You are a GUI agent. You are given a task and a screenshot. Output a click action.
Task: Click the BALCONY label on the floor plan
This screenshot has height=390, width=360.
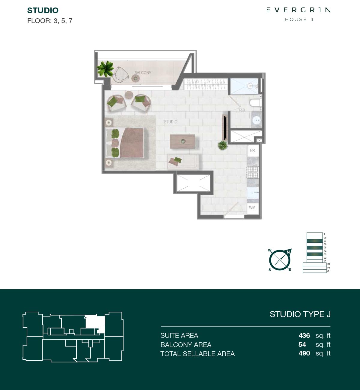(143, 73)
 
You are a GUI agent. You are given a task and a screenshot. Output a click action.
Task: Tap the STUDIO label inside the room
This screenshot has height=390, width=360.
(170, 122)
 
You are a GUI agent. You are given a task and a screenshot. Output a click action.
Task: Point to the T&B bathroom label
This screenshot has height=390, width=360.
(241, 110)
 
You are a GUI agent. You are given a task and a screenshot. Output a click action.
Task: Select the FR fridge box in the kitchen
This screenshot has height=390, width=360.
(253, 151)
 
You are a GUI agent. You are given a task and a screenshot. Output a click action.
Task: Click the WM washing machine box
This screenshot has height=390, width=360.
(252, 208)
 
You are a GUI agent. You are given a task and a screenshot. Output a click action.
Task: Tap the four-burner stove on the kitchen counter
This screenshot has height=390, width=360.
(253, 172)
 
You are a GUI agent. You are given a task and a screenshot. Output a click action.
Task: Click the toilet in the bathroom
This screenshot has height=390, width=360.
(255, 103)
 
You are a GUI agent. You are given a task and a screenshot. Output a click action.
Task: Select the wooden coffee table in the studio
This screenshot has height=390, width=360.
(182, 141)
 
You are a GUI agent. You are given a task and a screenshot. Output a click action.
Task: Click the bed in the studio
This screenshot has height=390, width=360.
(125, 143)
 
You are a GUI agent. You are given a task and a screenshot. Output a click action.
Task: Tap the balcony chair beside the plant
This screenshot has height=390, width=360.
(121, 75)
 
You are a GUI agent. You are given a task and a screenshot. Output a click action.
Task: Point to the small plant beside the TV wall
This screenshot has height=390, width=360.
(223, 145)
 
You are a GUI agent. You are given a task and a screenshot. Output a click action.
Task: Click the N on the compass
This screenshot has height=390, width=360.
(288, 252)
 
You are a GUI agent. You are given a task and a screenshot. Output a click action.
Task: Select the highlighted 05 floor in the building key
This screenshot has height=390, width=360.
(315, 247)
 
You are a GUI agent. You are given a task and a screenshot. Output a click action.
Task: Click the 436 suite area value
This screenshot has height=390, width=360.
(304, 335)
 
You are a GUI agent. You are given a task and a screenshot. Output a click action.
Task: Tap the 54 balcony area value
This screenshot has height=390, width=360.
(302, 344)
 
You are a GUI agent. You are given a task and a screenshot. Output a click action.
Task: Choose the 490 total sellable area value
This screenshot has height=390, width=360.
(304, 353)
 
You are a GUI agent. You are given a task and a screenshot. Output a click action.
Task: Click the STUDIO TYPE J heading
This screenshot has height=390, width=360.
(300, 314)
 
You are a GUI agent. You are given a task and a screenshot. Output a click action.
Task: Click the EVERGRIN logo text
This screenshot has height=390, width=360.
(298, 10)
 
